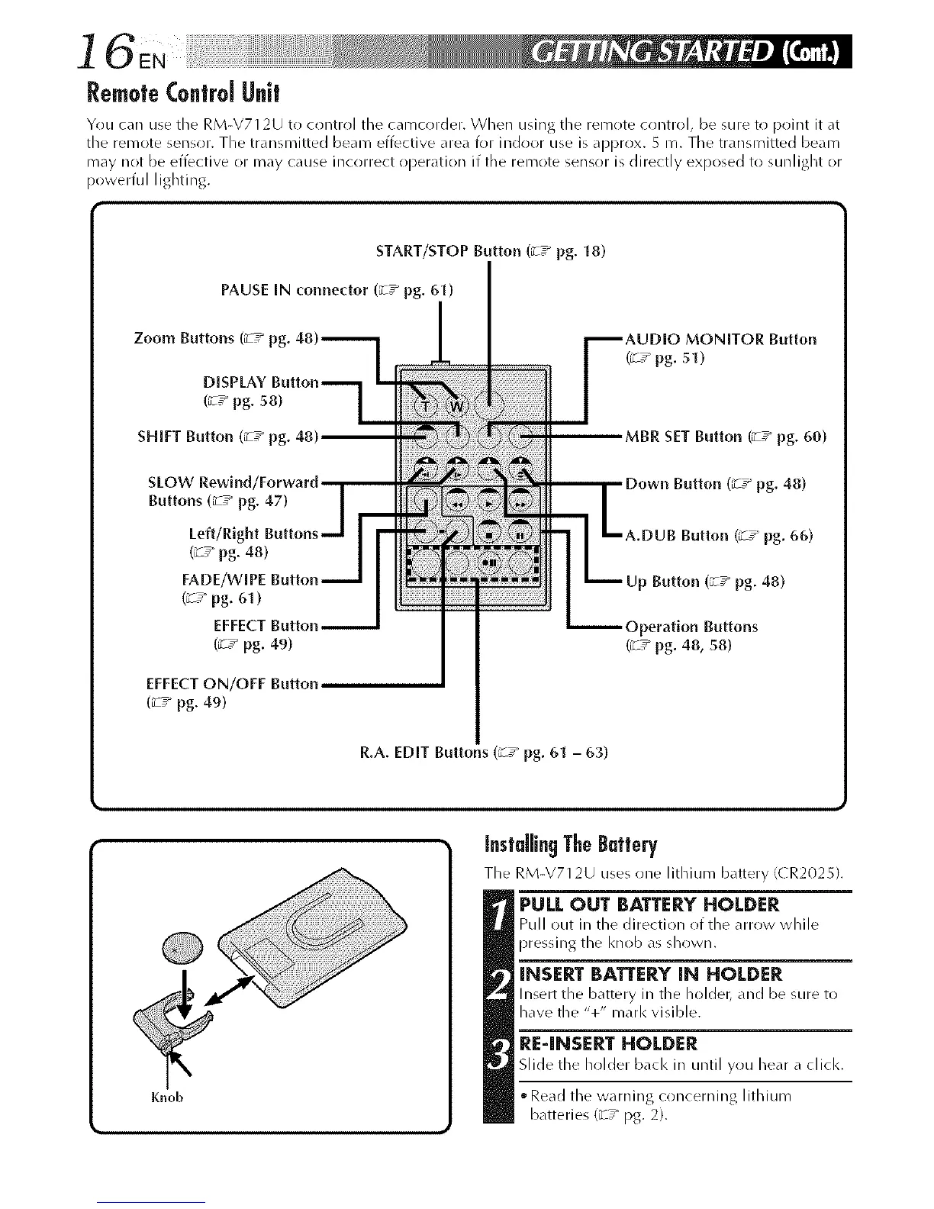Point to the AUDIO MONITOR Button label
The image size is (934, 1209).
coord(720,339)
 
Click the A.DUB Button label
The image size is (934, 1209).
coord(719,535)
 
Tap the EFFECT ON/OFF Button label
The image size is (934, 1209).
coord(232,683)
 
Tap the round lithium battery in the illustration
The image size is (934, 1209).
coord(180,947)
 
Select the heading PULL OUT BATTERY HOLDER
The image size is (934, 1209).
coord(649,905)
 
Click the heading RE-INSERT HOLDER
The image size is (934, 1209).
coord(607,1043)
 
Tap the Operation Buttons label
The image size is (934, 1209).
coord(691,627)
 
